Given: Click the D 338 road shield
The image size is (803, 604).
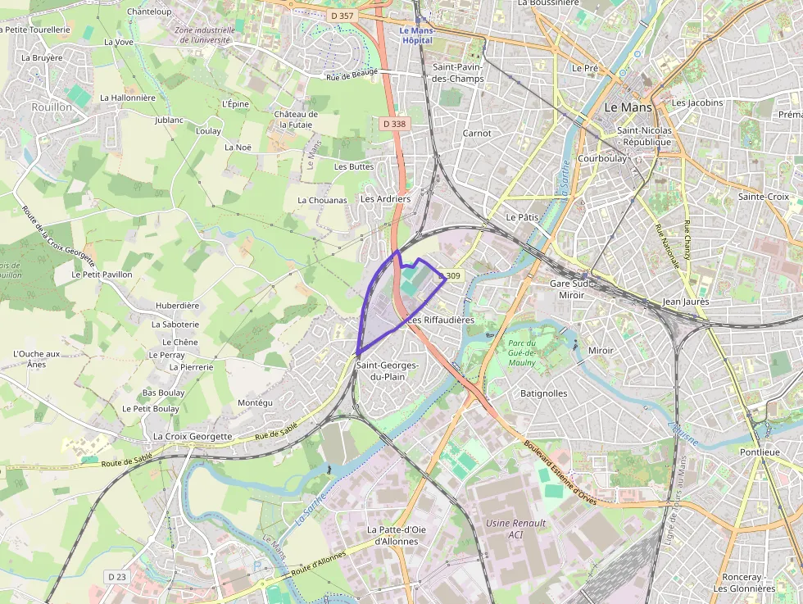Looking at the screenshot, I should point(394,124).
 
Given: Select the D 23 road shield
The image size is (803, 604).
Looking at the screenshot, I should point(117,577).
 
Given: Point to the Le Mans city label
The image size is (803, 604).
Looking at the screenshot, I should point(628,107).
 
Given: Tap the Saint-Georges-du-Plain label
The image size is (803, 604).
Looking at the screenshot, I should point(388,370).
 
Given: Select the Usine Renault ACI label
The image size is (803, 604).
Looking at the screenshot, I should point(515,529).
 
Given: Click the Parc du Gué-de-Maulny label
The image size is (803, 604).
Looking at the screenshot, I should point(522,353).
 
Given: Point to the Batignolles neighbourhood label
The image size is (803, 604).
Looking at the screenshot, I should point(544,393).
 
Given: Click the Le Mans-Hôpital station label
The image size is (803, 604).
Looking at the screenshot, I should point(416,35).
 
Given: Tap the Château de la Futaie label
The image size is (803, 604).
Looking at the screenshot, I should point(296,120).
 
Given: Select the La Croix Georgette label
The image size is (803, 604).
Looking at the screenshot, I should point(193,437).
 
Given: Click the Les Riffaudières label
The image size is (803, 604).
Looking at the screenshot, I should point(441,320).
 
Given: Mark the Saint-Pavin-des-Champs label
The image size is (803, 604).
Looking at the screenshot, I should point(459,73).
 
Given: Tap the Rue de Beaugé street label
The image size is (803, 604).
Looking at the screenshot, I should point(352,73).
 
